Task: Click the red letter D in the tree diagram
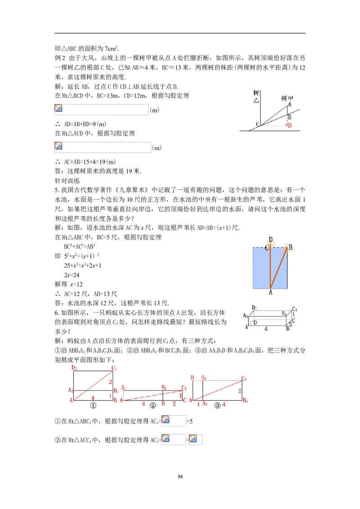tap(289, 125)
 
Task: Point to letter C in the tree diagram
tap(257, 124)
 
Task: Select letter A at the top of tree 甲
tap(289, 104)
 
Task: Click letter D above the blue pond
tap(270, 239)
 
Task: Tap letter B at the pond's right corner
tap(290, 247)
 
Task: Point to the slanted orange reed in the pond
tap(279, 268)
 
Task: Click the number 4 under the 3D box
tap(266, 329)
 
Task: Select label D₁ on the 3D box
tap(255, 308)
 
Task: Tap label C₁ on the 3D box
tap(295, 309)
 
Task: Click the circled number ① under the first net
tap(93, 405)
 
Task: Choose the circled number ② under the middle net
tap(153, 405)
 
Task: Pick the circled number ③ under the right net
tap(218, 405)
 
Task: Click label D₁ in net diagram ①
tap(75, 368)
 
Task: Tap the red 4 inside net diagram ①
tap(93, 398)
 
